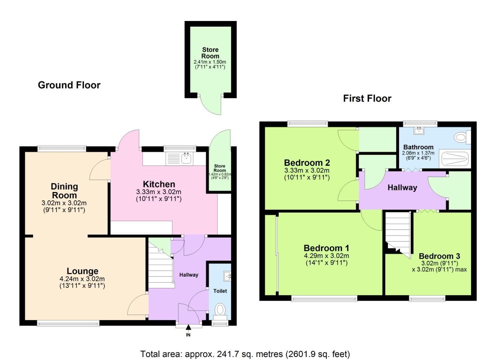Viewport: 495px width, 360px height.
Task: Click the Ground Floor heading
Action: point(69,85)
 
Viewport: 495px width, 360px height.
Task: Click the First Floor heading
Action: point(367,98)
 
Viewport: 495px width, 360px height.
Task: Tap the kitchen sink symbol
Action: point(186,158)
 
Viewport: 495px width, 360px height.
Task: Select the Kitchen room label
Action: point(159,184)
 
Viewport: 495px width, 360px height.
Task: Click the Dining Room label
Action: point(64,191)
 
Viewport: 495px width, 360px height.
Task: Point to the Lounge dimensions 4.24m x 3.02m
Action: point(82,279)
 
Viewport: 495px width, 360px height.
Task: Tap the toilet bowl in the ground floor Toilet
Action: point(220,309)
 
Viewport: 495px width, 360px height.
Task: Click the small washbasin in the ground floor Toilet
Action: point(228,275)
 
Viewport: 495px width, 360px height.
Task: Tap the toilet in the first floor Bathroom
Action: point(461,137)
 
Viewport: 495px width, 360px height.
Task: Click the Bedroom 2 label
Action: point(307,163)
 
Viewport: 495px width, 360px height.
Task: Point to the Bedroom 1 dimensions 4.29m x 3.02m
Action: point(326,256)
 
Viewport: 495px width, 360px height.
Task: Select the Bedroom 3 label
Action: point(439,256)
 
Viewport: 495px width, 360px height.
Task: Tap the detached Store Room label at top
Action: point(210,53)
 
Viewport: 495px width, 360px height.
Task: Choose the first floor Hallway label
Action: point(402,187)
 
